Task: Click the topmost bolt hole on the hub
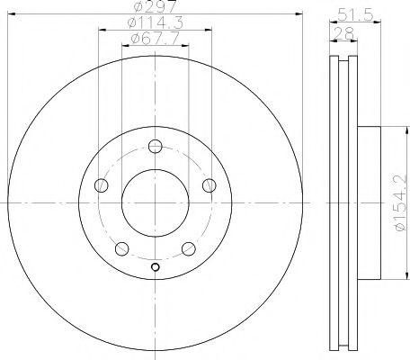(156, 147)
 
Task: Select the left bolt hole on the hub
(101, 185)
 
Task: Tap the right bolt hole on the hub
(209, 185)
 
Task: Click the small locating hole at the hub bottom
(156, 266)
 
